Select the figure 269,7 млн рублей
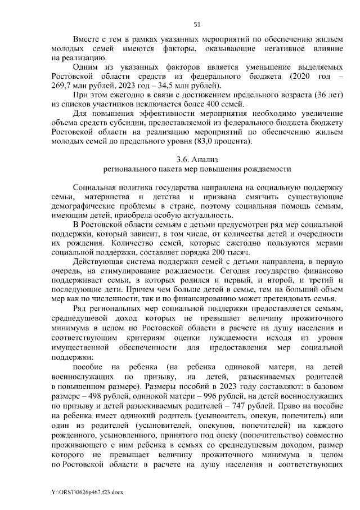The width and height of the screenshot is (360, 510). [77, 85]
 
